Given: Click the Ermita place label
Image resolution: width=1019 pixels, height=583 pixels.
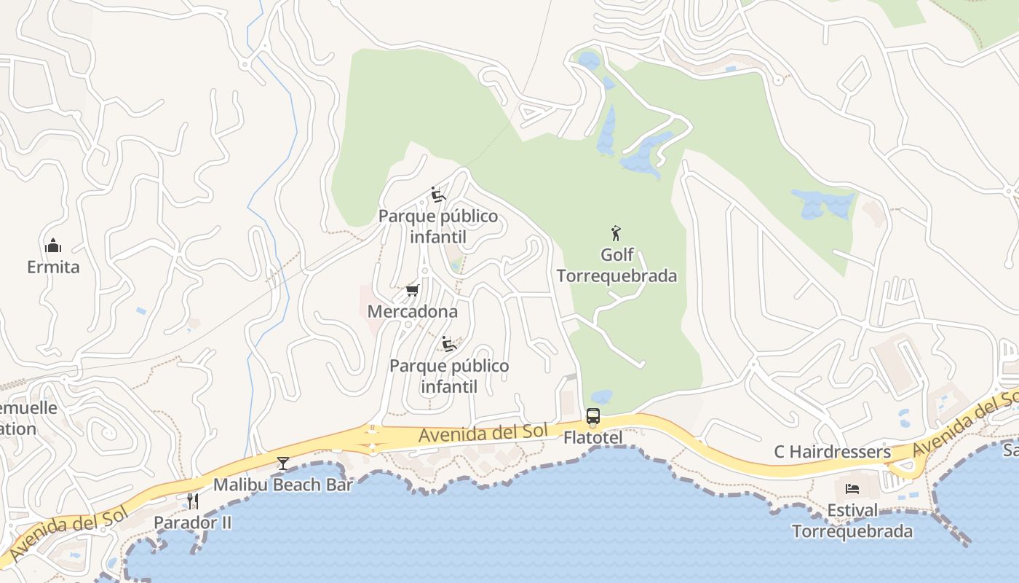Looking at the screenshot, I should pos(53,267).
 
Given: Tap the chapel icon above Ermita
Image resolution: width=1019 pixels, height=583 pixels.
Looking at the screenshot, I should pos(53,245).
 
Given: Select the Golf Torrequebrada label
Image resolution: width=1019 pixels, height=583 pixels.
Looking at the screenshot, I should pos(616,265).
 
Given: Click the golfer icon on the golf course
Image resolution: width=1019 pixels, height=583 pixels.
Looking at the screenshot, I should pos(616,233).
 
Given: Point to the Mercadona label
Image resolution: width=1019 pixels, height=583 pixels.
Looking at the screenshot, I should pos(413,311).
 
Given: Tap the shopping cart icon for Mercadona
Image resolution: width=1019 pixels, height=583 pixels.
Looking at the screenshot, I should pos(413,291).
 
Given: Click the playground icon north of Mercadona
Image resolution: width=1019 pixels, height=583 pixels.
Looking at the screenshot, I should pos(437,195).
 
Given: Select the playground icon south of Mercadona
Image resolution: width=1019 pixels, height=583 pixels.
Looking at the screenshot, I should pos(449,343).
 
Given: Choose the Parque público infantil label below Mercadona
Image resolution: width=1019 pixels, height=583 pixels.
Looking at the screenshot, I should pos(449,375).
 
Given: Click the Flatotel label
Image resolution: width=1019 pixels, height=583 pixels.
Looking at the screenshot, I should pos(593,437).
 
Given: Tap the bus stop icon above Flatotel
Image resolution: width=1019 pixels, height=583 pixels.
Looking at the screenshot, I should pos(593,417).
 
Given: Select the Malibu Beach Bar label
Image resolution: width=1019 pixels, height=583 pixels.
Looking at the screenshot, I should pos(282,485).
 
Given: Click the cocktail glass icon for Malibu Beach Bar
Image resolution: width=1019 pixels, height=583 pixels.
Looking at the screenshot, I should pos(282,463).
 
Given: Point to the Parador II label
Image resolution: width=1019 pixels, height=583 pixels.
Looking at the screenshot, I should pos(193,523).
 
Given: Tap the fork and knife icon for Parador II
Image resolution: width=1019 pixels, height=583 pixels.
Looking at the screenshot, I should pos(193,501).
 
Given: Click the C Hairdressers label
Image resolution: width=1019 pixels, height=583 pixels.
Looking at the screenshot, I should pos(832,452).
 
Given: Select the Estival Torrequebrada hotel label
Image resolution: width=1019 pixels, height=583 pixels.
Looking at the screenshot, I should pos(852,520).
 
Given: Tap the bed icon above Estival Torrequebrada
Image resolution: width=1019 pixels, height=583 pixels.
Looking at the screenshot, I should pos(852,488).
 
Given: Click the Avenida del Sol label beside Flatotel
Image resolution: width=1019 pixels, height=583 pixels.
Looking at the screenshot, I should pos(483,433).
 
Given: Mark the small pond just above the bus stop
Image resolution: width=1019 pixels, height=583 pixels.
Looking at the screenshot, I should pos(601,396).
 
